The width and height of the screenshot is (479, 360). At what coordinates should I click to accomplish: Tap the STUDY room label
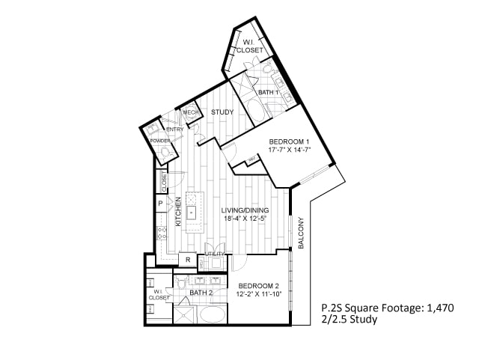tap(222, 112)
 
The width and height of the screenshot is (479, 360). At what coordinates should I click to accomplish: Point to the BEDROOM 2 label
tap(258, 286)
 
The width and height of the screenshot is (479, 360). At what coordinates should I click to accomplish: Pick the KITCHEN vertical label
tap(178, 212)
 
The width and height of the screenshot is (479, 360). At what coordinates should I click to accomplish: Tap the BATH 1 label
tap(268, 93)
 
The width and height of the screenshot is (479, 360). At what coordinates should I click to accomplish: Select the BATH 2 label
tap(200, 293)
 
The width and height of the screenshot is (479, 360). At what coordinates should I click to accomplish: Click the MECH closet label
tap(189, 112)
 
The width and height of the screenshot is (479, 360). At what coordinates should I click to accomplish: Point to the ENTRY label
tap(174, 129)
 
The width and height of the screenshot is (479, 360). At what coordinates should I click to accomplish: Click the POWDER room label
tap(159, 141)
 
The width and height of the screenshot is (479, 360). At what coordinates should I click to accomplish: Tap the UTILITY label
tap(214, 254)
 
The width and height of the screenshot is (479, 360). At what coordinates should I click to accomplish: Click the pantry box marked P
tap(160, 203)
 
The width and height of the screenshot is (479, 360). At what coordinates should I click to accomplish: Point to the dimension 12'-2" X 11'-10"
tap(258, 294)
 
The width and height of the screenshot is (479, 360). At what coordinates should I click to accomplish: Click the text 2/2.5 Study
tap(349, 320)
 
